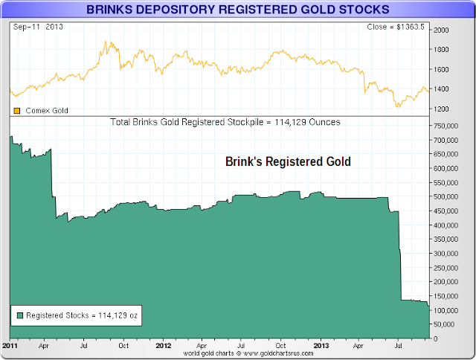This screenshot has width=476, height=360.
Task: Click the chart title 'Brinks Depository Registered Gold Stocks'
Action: click(237, 10)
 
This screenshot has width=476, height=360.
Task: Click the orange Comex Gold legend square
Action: click(17, 110)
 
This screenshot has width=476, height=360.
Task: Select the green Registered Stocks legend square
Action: click(19, 315)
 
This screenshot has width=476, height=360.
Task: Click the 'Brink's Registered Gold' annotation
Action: click(288, 161)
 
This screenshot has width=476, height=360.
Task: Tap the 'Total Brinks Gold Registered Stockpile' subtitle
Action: click(225, 121)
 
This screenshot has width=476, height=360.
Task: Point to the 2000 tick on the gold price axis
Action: click(442, 30)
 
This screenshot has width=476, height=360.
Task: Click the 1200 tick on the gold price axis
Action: click(442, 109)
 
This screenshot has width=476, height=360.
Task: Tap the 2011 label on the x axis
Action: click(10, 345)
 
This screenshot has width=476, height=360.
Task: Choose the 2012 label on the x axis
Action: click(164, 345)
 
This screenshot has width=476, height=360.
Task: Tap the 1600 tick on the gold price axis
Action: click(442, 70)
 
